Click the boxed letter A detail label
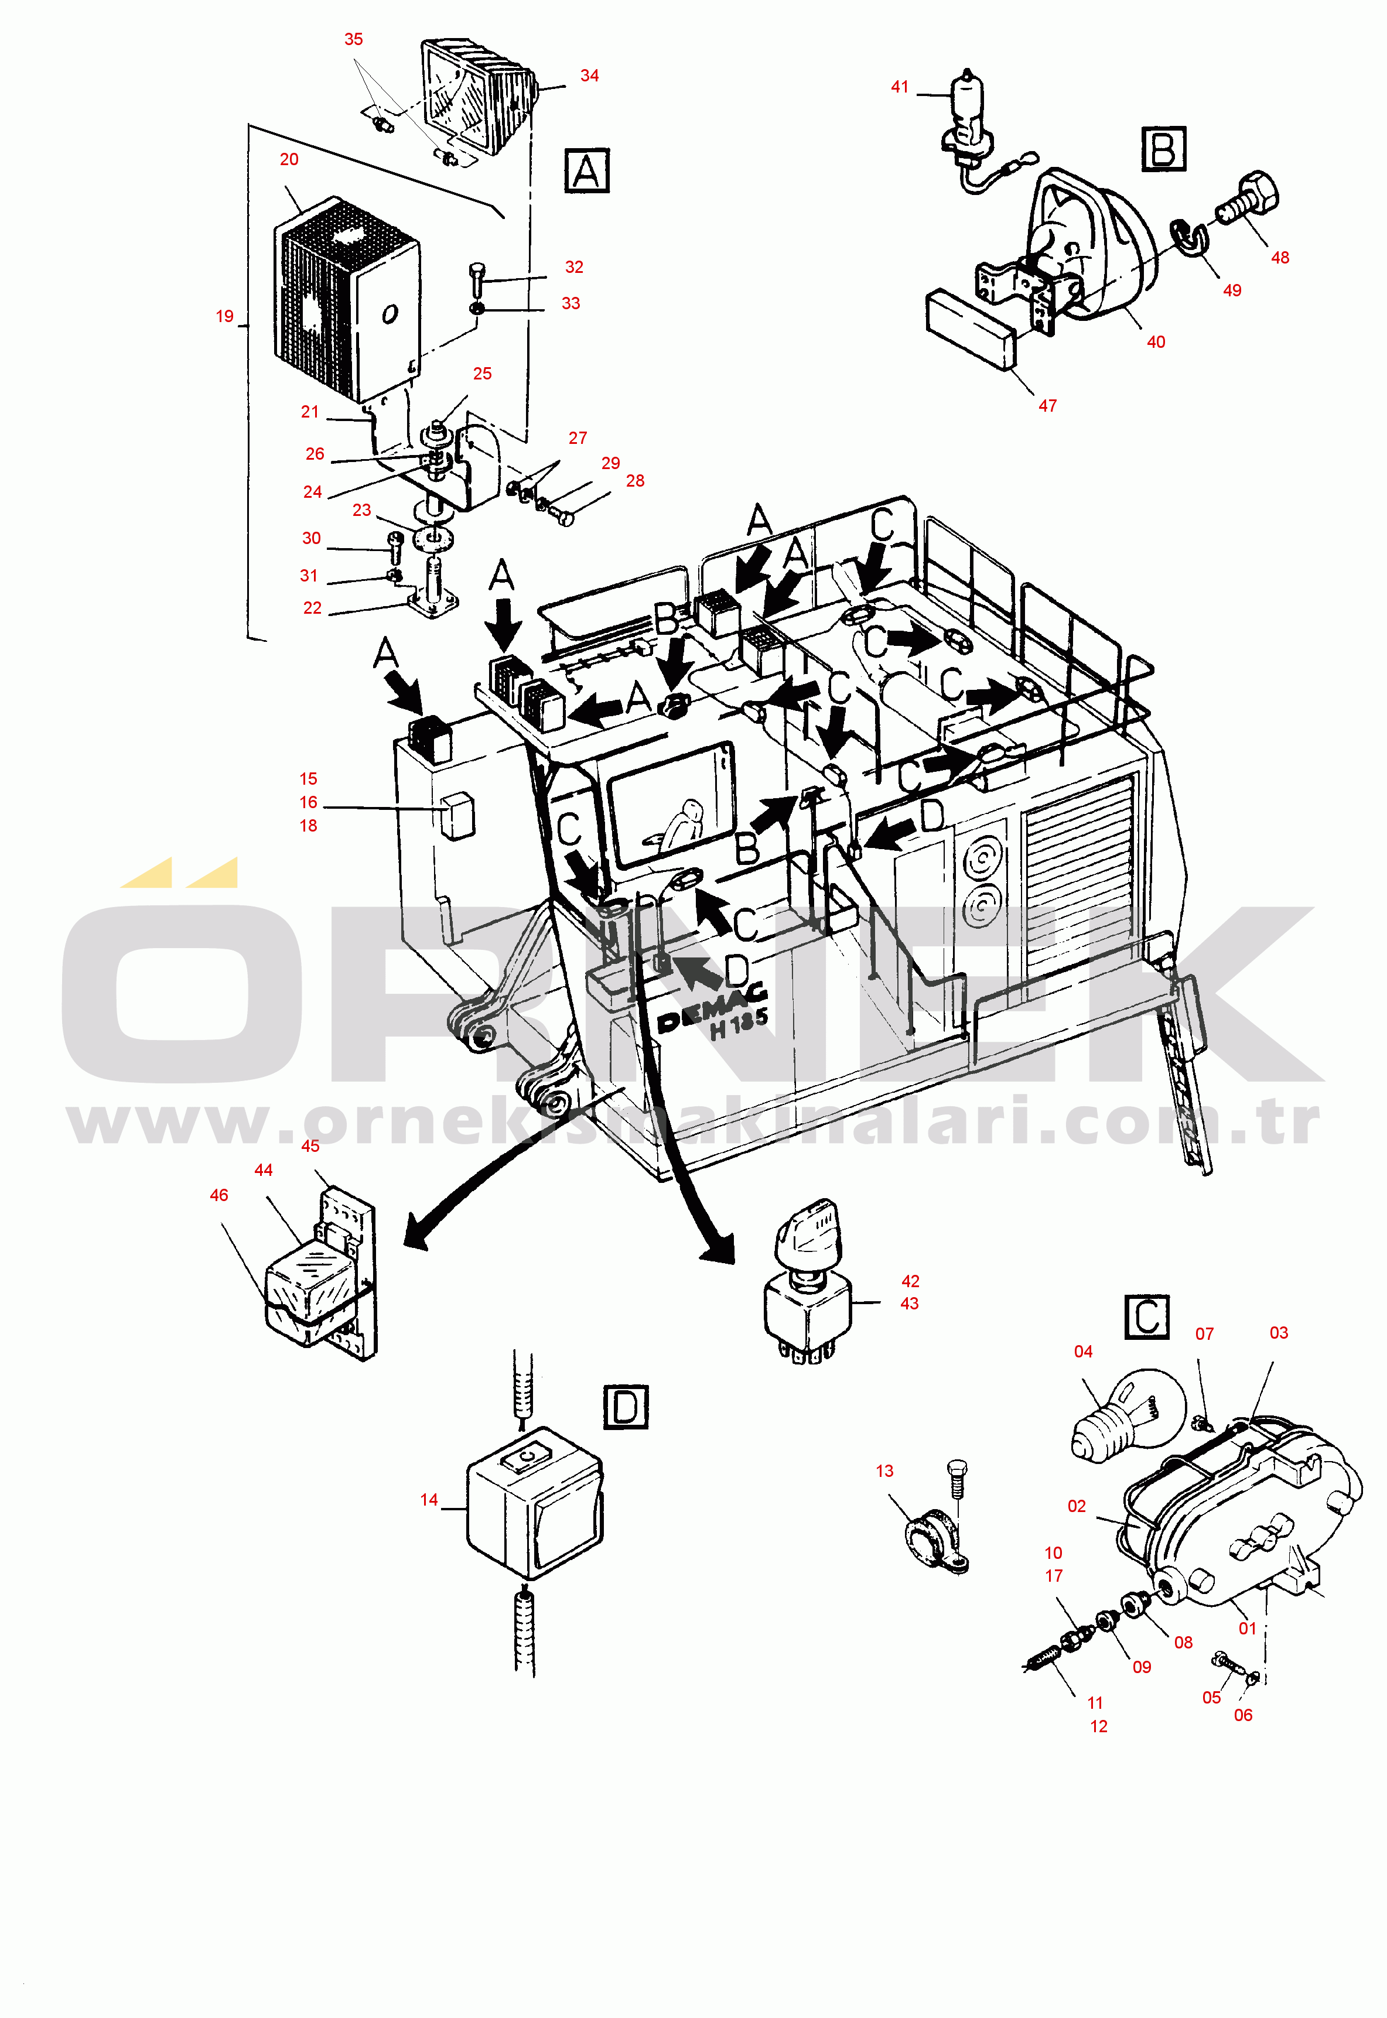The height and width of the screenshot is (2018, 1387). (587, 171)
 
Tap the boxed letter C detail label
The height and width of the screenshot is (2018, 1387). (1146, 1317)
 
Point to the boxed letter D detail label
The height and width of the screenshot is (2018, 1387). (626, 1407)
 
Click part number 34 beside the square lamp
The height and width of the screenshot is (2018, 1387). (589, 76)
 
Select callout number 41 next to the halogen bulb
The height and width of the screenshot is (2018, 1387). (900, 87)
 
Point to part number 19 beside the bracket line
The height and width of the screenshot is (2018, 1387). (224, 316)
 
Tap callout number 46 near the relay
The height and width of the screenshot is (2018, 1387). (219, 1195)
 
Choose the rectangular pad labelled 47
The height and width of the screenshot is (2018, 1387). (971, 329)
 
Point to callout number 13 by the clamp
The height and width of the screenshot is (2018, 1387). (884, 1470)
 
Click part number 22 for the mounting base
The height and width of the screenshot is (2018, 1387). (312, 608)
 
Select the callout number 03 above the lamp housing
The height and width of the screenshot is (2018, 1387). (1279, 1333)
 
